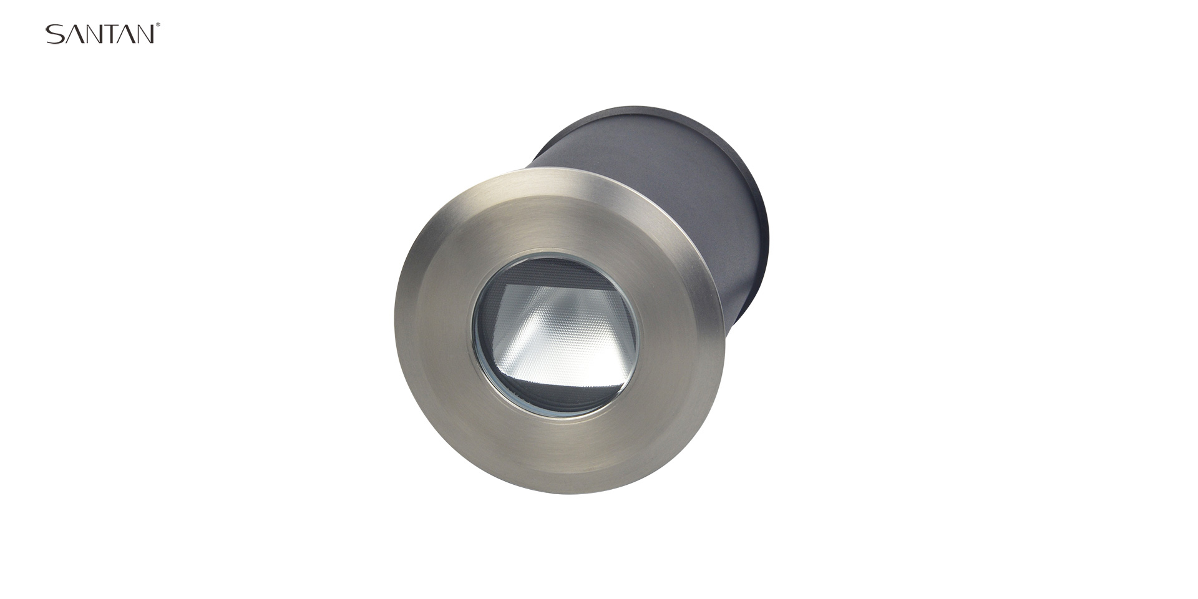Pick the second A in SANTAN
[x=125, y=34]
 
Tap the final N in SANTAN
[x=145, y=34]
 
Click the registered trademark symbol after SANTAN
[x=158, y=26]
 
